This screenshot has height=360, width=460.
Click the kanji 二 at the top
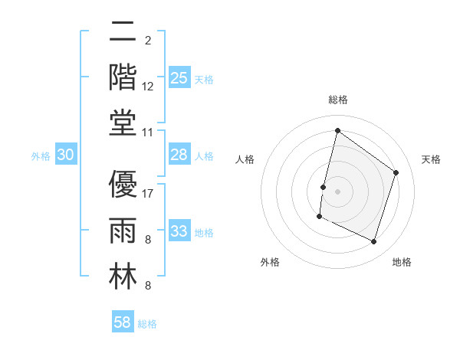tap(123, 31)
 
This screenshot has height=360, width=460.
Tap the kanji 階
tap(123, 77)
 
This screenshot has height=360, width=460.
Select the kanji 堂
tap(123, 123)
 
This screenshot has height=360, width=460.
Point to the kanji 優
tap(123, 185)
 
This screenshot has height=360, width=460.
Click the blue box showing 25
tap(179, 78)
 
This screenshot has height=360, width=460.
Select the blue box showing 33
tap(179, 231)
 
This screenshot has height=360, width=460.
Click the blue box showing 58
tap(123, 322)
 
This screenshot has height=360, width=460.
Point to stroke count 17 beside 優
tap(149, 193)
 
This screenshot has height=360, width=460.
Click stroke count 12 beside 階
tap(149, 86)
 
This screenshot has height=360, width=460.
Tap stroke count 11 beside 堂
tap(149, 132)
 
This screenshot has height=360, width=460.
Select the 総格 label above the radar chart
tap(337, 100)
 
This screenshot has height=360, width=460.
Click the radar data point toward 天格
tap(396, 172)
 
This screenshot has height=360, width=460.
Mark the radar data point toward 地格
tap(374, 242)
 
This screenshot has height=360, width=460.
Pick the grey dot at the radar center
tap(337, 191)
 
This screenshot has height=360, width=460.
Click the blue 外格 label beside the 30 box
tap(41, 156)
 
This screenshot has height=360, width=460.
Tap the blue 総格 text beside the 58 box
tap(147, 324)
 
